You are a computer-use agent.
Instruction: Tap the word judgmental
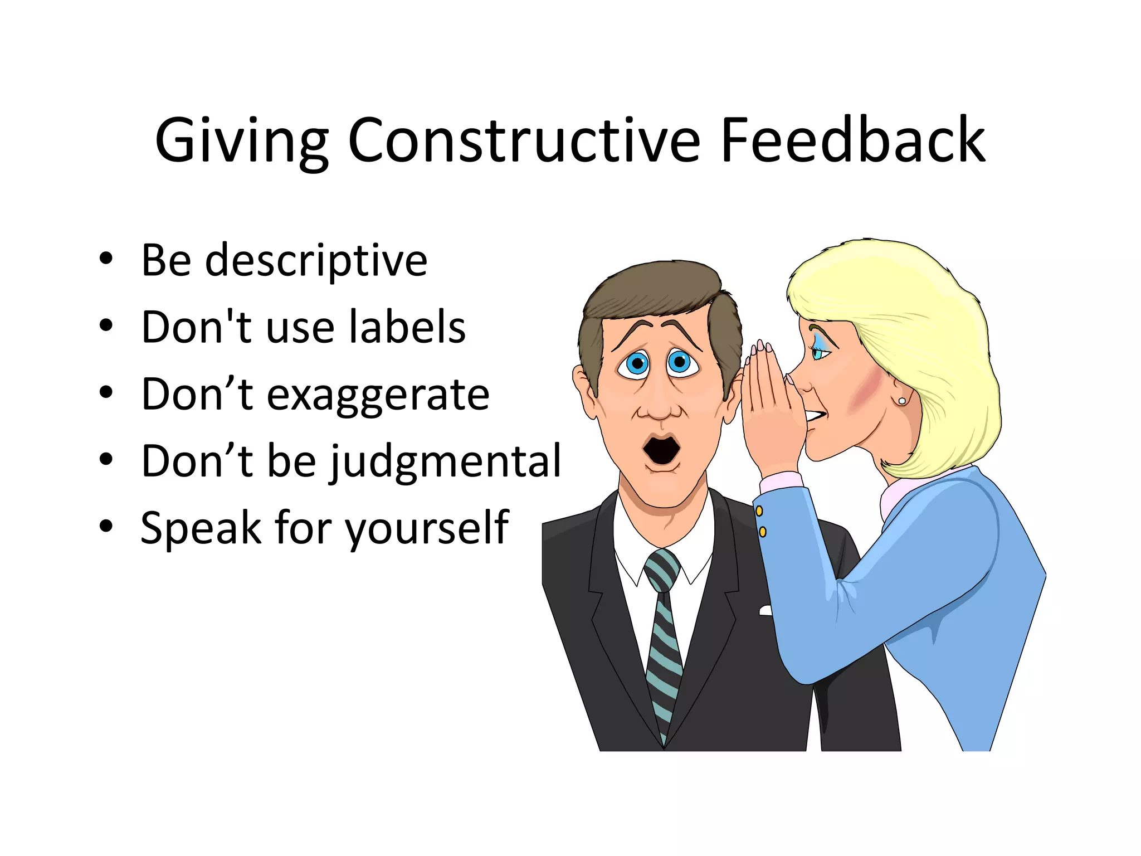click(x=446, y=461)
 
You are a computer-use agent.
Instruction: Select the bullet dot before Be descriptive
click(x=106, y=260)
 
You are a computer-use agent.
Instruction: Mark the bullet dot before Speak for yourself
click(x=106, y=526)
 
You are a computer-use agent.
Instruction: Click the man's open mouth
click(x=661, y=449)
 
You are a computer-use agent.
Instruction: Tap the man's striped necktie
click(x=663, y=641)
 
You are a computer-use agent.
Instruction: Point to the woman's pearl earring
click(x=902, y=401)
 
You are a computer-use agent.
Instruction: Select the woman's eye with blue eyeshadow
click(x=820, y=352)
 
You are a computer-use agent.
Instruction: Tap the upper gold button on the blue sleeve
click(x=759, y=510)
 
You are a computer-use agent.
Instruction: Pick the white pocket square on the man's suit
click(x=765, y=611)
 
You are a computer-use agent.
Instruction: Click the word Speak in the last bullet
click(x=201, y=528)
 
